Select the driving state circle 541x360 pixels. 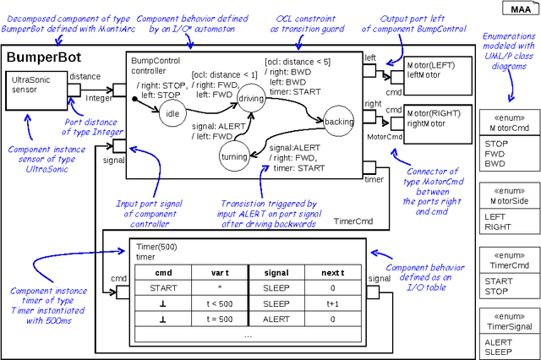250,100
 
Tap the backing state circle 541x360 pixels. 339,122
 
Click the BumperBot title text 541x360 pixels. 43,59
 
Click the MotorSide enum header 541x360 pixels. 507,195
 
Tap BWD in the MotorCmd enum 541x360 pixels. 496,166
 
